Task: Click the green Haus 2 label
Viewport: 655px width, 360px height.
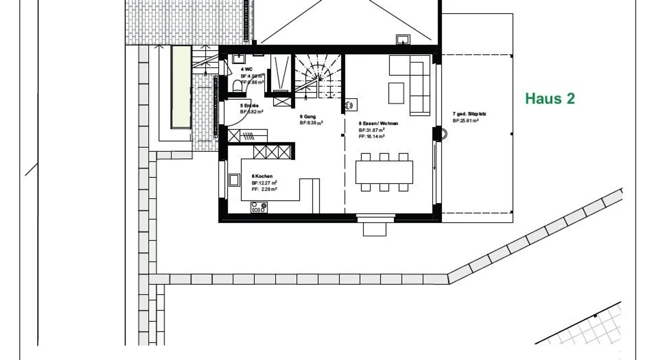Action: coord(550,99)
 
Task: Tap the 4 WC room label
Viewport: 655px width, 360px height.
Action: coord(247,69)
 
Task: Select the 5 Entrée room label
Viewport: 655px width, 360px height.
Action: coord(249,105)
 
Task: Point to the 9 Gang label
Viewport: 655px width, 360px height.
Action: coord(307,116)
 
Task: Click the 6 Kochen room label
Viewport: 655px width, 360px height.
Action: coord(262,176)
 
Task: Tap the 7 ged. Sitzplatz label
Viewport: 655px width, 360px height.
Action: coord(469,114)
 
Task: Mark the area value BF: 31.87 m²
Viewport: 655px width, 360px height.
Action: coord(372,130)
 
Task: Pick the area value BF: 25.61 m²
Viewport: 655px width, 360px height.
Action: coord(465,121)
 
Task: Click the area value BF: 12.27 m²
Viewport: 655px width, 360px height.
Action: coord(264,183)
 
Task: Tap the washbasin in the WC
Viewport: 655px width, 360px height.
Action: coord(238,59)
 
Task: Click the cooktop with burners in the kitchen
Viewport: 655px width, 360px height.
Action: coord(259,208)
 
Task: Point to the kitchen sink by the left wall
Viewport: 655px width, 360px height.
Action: coord(234,180)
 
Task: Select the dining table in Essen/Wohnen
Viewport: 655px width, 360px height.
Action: coord(384,172)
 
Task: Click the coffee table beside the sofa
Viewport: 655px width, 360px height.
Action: coord(396,93)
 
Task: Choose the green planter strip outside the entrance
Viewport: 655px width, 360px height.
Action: coord(181,87)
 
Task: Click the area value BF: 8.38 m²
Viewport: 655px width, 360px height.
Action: coord(311,123)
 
